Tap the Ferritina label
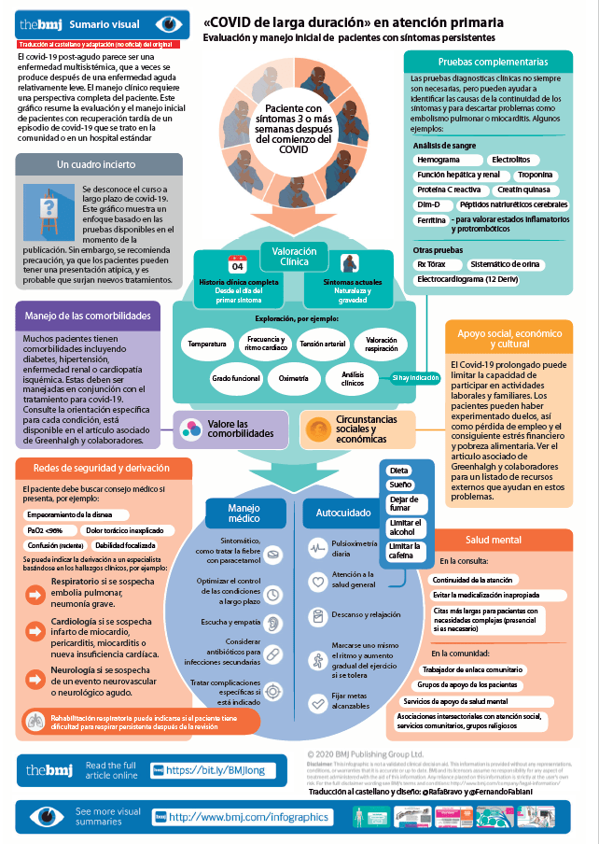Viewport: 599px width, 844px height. [x=430, y=220]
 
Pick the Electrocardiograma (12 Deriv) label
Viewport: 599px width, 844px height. [x=467, y=279]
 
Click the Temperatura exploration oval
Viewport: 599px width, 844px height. [x=207, y=345]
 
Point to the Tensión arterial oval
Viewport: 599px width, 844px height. [x=322, y=345]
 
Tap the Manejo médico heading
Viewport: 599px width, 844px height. [x=244, y=513]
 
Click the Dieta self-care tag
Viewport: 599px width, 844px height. [x=398, y=471]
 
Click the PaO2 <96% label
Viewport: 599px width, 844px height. [x=44, y=529]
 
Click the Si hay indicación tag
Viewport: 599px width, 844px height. [x=415, y=377]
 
